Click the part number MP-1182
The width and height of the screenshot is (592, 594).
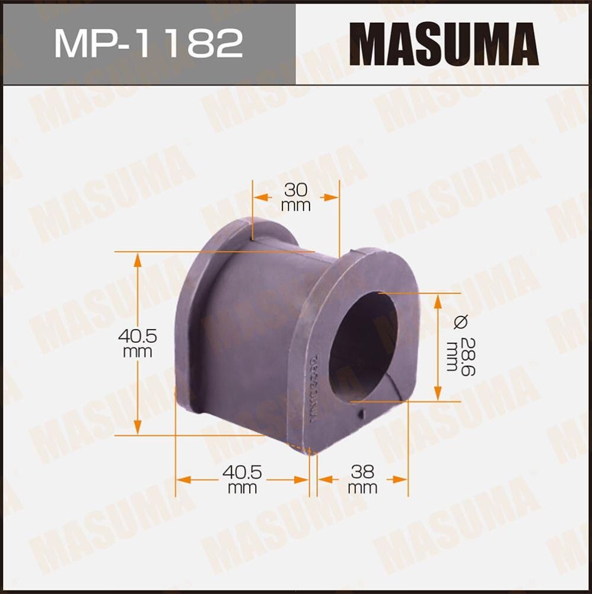[x=148, y=43]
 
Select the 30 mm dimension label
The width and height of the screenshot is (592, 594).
[x=296, y=198]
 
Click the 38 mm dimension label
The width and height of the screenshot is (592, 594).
[x=362, y=479]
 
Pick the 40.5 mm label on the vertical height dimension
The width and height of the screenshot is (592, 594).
[x=137, y=343]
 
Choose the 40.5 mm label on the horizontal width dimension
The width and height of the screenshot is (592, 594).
[x=242, y=479]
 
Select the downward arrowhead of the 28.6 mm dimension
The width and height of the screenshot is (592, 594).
[x=437, y=394]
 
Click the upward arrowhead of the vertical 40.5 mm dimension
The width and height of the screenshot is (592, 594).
[x=138, y=260]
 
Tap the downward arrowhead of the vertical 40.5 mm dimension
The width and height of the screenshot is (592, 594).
[x=138, y=427]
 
